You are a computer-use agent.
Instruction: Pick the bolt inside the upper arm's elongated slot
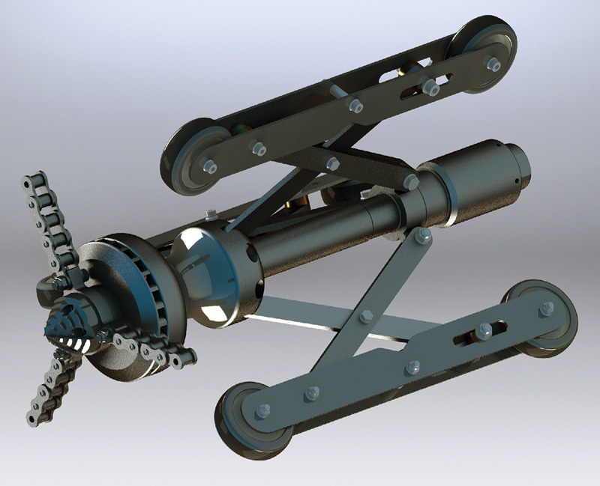[x=429, y=88]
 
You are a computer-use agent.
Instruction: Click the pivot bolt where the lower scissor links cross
[x=366, y=316]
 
